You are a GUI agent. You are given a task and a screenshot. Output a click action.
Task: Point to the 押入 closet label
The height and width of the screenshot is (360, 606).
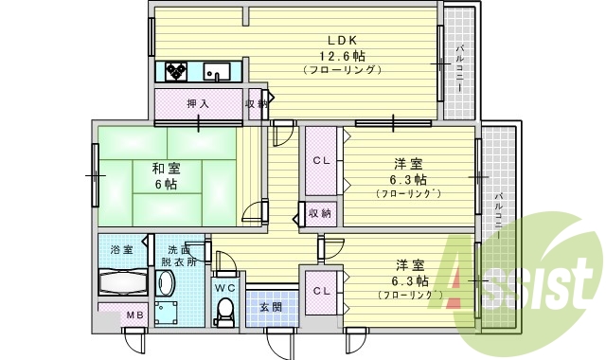pyautogui.click(x=198, y=103)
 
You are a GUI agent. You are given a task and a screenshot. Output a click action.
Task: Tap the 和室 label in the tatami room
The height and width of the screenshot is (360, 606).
pyautogui.click(x=165, y=169)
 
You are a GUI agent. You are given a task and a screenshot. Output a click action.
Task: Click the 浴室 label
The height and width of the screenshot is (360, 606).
pyautogui.click(x=121, y=249)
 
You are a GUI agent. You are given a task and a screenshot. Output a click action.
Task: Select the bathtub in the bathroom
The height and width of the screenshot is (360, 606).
pyautogui.click(x=121, y=283)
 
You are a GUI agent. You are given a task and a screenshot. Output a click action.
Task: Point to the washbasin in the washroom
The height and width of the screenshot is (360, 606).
pyautogui.click(x=167, y=283)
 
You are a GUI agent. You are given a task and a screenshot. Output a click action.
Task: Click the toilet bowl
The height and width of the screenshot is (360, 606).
pyautogui.click(x=224, y=311)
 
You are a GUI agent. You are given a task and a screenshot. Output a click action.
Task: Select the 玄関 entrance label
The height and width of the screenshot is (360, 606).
pyautogui.click(x=271, y=307)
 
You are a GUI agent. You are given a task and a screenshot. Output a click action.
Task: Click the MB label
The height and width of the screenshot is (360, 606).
pyautogui.click(x=135, y=315)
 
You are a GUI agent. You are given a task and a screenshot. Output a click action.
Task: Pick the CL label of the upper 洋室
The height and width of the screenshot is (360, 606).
pyautogui.click(x=321, y=160)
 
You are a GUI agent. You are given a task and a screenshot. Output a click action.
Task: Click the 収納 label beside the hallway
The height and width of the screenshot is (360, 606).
pyautogui.click(x=320, y=213)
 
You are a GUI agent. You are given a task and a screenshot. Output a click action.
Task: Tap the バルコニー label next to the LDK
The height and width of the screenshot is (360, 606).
pyautogui.click(x=459, y=67)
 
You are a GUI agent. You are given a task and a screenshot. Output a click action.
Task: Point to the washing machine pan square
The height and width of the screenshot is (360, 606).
pyautogui.click(x=171, y=314)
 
